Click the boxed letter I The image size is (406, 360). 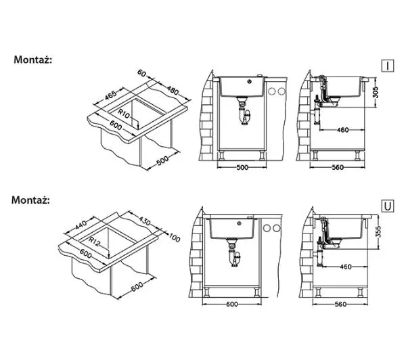coord(388,66)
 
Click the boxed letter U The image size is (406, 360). coord(388,206)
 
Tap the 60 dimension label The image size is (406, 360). coord(142,73)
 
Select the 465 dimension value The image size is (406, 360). coord(110,95)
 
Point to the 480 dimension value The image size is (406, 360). coord(173,90)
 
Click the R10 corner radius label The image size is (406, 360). coord(124,114)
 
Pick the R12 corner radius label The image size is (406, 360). coord(94,242)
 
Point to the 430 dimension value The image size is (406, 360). coord(144,221)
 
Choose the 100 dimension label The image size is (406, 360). coord(175,238)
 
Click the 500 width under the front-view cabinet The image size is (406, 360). coord(242,168)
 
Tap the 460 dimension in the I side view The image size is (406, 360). coord(343,130)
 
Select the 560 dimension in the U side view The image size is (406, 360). coord(340,305)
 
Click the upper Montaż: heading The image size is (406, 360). coord(33,60)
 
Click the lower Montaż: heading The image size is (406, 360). coord(30,200)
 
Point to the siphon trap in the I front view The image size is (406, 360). coord(244,111)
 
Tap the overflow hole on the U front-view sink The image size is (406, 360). coord(240,223)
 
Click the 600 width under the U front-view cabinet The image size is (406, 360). coord(232,304)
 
